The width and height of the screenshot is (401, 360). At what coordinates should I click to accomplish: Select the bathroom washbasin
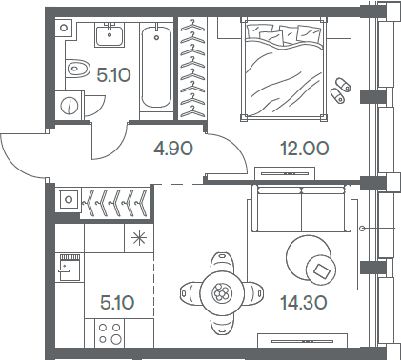pos(108,36)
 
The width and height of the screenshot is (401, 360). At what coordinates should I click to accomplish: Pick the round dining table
pos(221,292)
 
